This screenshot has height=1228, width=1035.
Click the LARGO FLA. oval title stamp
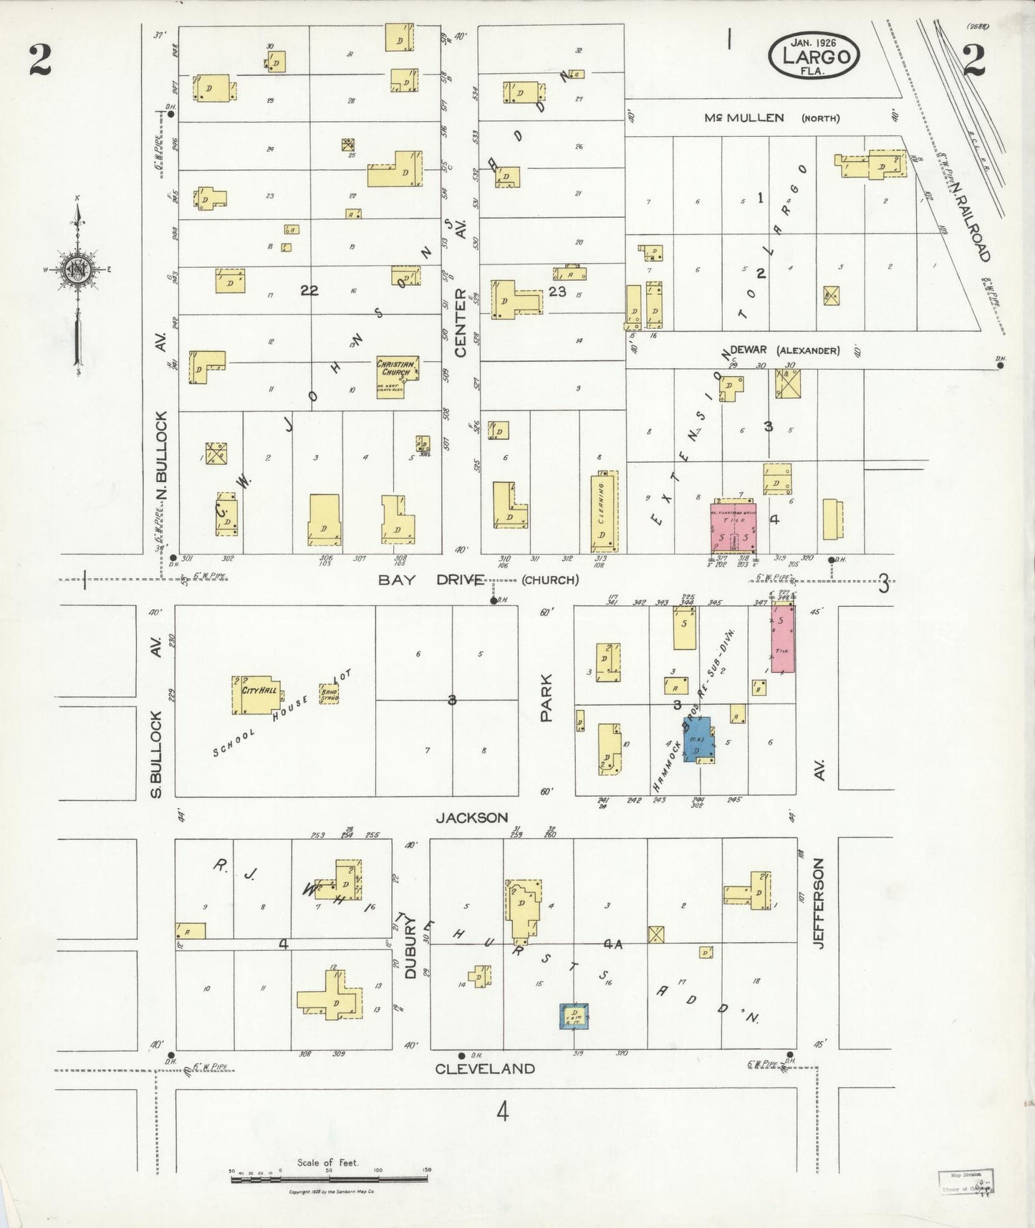814,56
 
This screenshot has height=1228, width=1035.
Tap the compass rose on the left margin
77,271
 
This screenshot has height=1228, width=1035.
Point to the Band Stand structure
329,693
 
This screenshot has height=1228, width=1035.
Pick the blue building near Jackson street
698,739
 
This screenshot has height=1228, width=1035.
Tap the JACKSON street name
472,817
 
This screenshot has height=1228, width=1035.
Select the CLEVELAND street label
485,1068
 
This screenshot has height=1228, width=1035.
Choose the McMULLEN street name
743,117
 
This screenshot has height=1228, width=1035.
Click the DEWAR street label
748,350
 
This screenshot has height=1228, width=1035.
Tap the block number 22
309,290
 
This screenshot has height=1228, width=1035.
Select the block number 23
557,291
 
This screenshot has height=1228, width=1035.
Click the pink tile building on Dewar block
733,527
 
